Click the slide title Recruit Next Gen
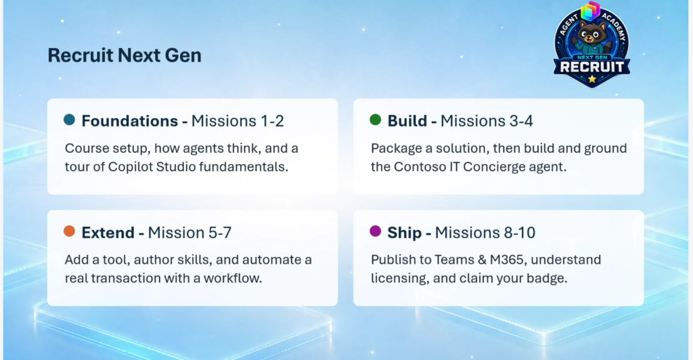coord(125,55)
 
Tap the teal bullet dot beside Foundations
coord(70,120)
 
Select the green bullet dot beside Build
coord(375,120)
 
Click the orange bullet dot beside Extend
coord(70,231)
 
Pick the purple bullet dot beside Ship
coord(375,231)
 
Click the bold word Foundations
coord(129,120)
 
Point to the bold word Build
coord(407,120)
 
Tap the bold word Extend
coord(108,232)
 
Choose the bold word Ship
coord(405,233)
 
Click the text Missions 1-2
coord(238,120)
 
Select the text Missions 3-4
coord(487,120)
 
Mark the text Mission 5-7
coord(189,232)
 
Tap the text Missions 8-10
coord(485,232)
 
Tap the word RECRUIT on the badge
coord(591,67)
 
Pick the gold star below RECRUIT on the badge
coord(591,79)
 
